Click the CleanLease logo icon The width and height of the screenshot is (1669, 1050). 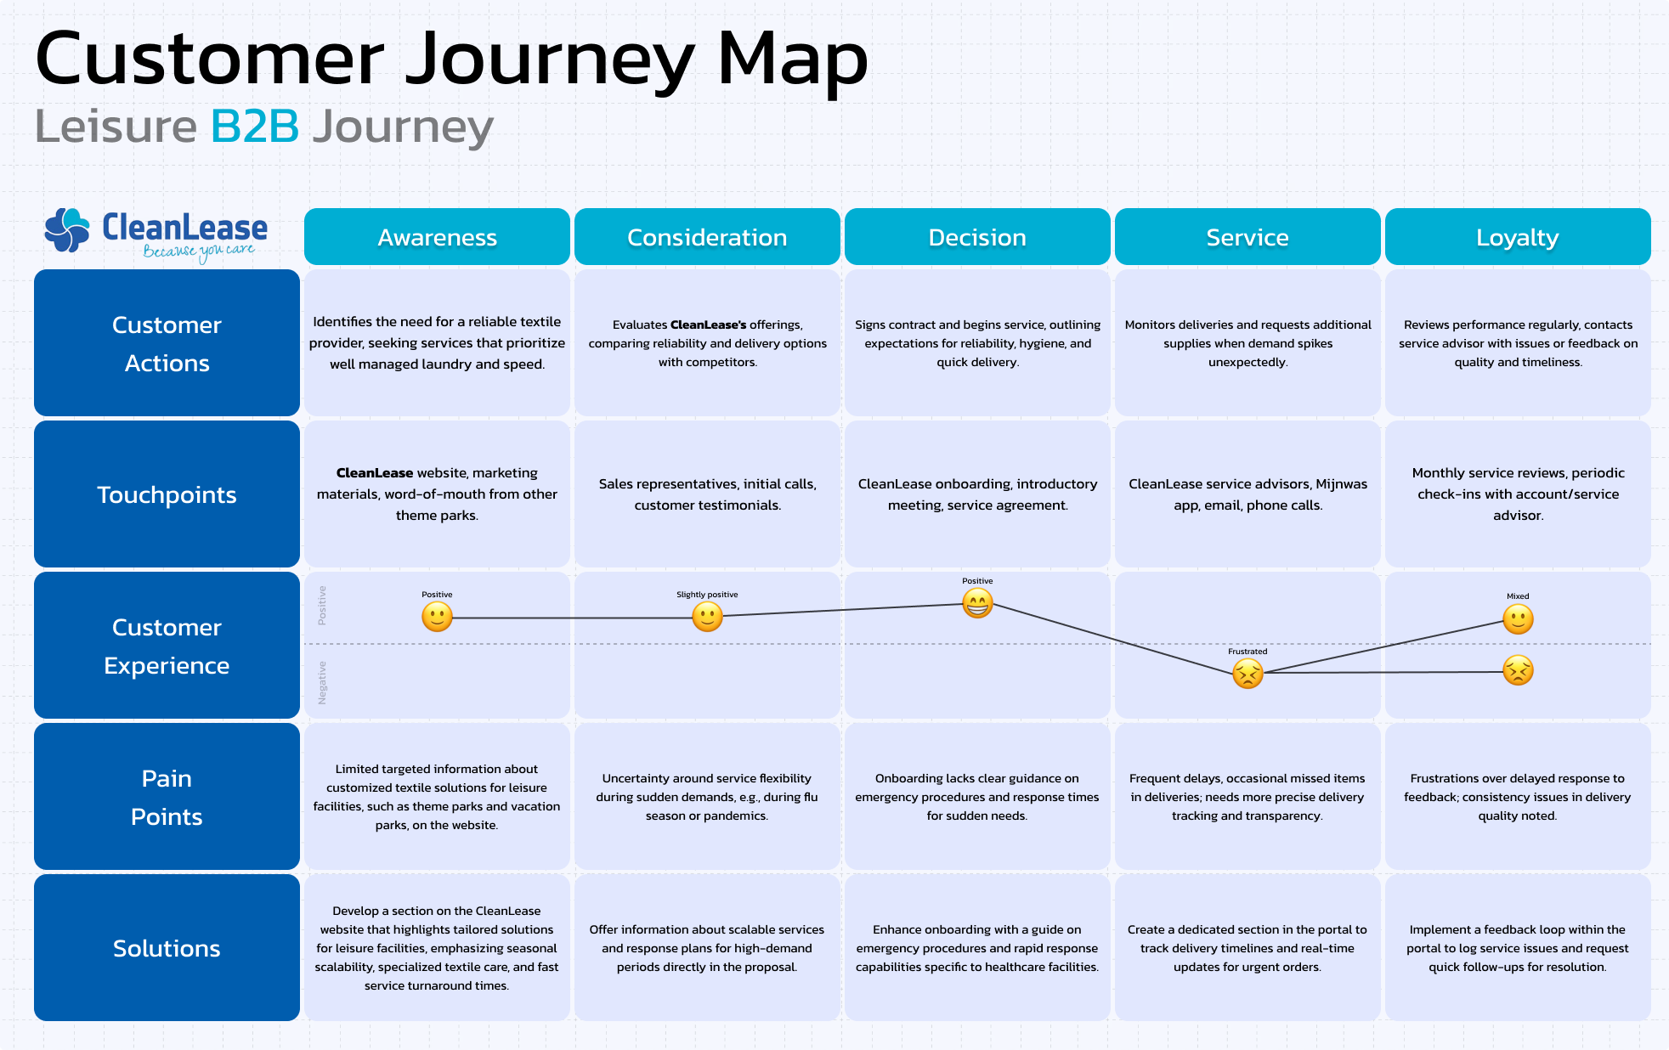(67, 230)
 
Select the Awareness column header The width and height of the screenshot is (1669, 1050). (437, 237)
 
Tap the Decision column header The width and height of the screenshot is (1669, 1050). (977, 237)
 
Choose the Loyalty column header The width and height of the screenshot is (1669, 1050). (1518, 237)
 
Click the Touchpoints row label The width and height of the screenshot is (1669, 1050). (167, 494)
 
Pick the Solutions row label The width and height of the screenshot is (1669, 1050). (167, 948)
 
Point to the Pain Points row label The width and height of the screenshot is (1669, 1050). (167, 797)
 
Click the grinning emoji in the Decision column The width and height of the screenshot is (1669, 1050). (977, 603)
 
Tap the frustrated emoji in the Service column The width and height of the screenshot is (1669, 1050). (1248, 674)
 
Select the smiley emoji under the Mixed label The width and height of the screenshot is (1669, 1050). (1518, 619)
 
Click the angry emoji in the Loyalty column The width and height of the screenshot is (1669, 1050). (1518, 671)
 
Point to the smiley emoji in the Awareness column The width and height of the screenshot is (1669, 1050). (437, 617)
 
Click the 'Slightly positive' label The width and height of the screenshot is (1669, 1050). (707, 595)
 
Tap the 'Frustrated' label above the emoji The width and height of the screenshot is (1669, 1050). (1248, 652)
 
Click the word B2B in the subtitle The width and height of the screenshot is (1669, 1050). (255, 127)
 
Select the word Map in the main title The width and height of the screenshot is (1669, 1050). (793, 59)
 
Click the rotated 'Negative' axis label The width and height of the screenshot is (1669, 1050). (322, 683)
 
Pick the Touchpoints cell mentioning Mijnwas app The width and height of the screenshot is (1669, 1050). (1248, 494)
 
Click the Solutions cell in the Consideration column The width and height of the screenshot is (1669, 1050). (707, 948)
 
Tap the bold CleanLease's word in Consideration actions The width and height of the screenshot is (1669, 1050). (708, 325)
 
